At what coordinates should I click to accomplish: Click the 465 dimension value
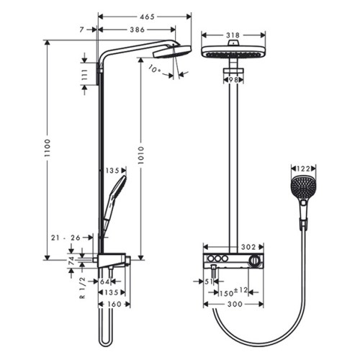pos(148,17)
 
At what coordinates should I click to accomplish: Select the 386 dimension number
pos(138,30)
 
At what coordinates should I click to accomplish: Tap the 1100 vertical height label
pos(48,148)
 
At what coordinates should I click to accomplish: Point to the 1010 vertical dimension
pos(141,155)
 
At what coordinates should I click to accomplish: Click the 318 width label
pos(233,35)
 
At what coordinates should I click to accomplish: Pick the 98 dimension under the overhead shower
pos(233,80)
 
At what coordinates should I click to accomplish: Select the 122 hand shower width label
pos(303,169)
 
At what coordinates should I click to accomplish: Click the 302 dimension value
pos(248,247)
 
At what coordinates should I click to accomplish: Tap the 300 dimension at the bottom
pos(235,304)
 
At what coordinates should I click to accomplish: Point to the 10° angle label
pos(155,69)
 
